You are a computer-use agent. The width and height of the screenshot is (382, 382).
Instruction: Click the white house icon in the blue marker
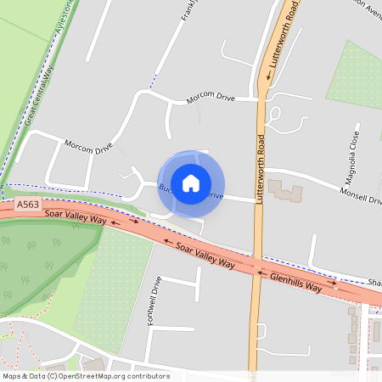(x=191, y=183)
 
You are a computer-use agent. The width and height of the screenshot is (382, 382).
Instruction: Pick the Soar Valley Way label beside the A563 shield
(x=76, y=220)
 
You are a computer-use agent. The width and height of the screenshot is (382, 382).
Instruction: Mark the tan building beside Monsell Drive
(x=285, y=190)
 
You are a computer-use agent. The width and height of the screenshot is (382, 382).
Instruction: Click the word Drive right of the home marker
(x=215, y=197)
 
